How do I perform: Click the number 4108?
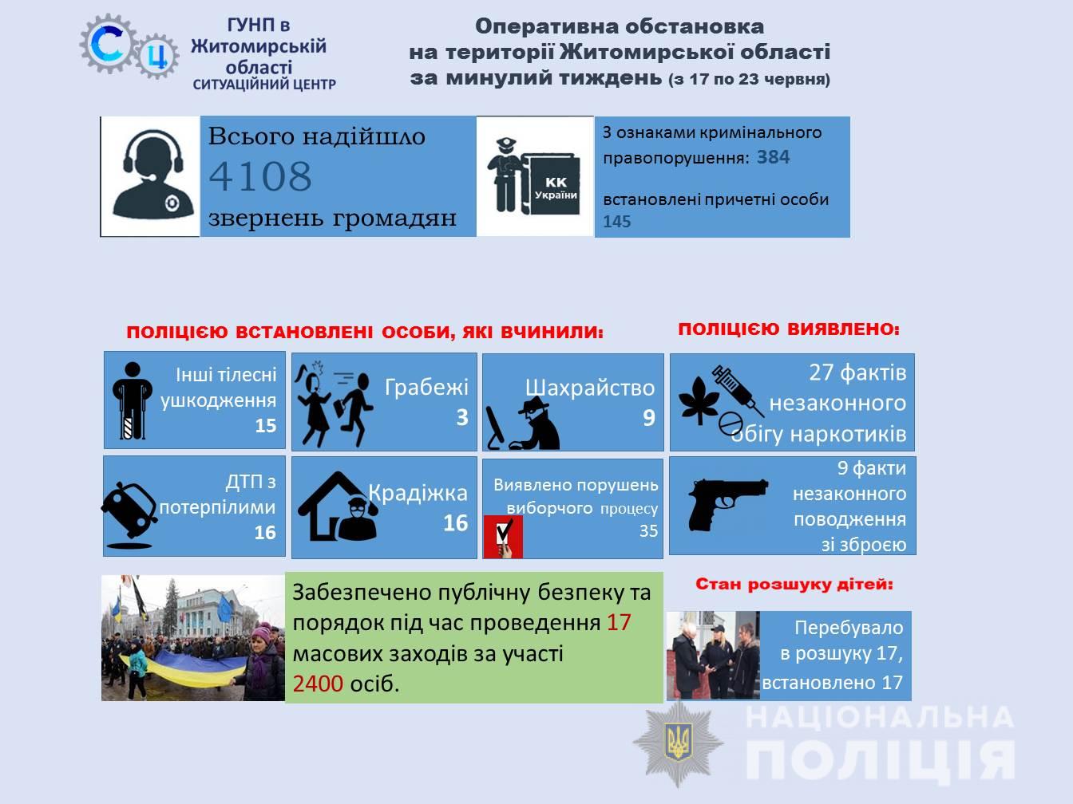point(260,176)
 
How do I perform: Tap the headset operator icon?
point(153,173)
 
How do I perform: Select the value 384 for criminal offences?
point(774,157)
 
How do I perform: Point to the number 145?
point(617,222)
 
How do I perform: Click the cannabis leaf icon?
point(699,400)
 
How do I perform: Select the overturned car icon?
point(129,515)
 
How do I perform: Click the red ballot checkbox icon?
point(503,537)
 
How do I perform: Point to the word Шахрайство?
point(590,388)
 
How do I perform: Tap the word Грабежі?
point(426,388)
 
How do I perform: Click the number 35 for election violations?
point(648,530)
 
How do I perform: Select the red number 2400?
point(318,684)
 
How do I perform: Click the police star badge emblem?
point(679,743)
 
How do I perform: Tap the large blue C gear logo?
point(109,45)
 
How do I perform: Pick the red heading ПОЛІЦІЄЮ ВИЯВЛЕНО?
point(789,329)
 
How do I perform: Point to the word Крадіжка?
point(418,494)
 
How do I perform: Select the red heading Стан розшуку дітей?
point(794,585)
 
